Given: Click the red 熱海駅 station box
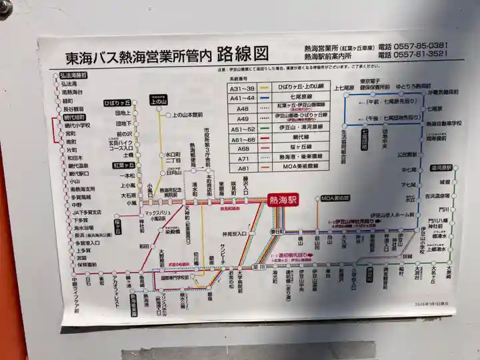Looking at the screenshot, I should (x=283, y=199).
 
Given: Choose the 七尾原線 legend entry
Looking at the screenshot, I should (x=299, y=97).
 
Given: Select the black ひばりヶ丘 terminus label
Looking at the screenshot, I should (x=117, y=103).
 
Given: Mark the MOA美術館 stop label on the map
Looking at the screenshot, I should (x=335, y=199).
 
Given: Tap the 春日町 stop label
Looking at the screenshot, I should (x=277, y=230).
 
